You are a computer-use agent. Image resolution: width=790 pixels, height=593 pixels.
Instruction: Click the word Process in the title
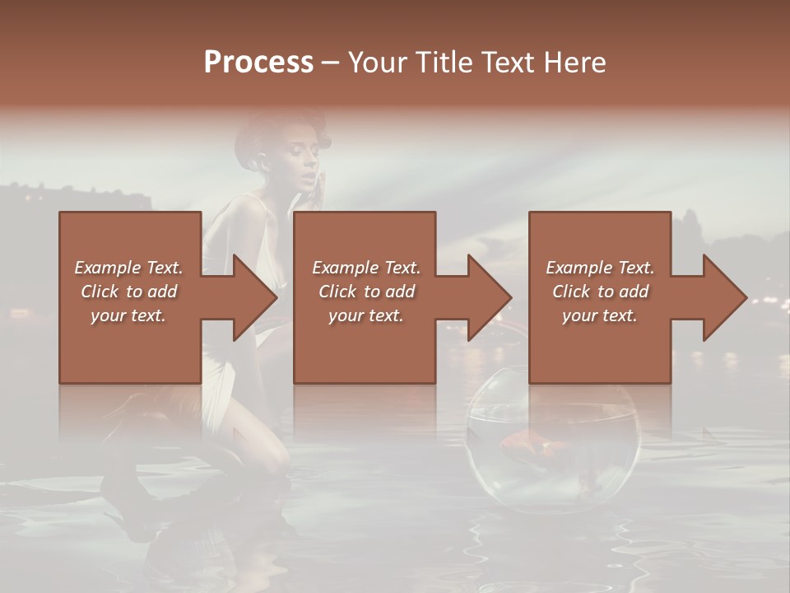click(258, 63)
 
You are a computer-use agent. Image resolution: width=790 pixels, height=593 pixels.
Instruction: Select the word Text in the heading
click(504, 63)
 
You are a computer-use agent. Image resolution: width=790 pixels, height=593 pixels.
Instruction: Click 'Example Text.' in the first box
click(128, 268)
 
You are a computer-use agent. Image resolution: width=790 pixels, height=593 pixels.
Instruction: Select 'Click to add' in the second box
click(366, 292)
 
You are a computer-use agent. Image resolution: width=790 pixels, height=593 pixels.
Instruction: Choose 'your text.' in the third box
click(600, 315)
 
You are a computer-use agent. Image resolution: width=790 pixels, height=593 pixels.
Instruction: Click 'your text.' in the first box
click(128, 315)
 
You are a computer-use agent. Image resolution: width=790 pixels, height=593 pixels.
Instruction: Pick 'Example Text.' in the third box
click(600, 268)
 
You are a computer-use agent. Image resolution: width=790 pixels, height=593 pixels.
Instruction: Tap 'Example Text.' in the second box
click(366, 268)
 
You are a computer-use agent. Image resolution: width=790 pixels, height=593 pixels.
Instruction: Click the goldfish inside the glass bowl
click(535, 446)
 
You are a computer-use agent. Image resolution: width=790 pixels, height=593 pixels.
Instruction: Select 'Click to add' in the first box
click(128, 292)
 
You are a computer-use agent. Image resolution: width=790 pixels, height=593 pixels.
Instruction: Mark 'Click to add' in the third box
click(600, 292)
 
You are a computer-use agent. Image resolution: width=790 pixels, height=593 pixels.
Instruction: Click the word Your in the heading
click(377, 63)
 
